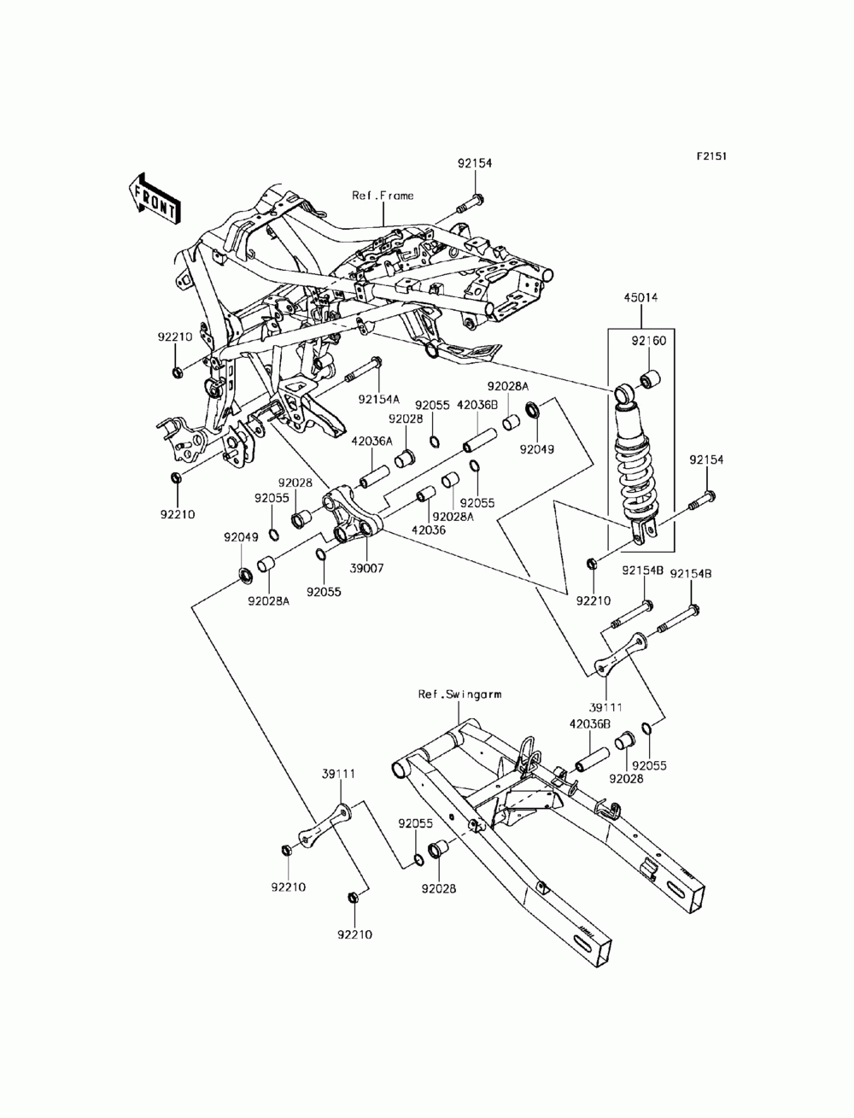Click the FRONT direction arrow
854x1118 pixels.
pos(154,200)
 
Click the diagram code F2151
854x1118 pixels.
pos(711,156)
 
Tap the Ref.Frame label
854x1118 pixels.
pos(383,196)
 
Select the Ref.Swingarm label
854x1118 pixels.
pos(459,694)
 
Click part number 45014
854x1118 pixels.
pos(640,297)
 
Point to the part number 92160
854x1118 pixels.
pos(649,341)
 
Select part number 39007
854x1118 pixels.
pos(366,568)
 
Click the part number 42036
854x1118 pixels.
pos(428,530)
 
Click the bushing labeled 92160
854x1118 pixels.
pos(649,379)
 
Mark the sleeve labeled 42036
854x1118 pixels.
pos(426,494)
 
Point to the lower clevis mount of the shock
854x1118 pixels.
pos(643,532)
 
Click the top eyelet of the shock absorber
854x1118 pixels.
pos(623,394)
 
